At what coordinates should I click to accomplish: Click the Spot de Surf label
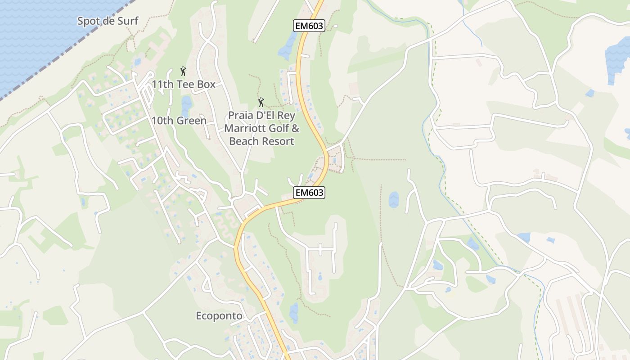[x=108, y=21]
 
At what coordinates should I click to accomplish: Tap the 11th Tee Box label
[x=183, y=84]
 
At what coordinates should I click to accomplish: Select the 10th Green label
[x=179, y=121]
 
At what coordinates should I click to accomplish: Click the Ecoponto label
[x=219, y=316]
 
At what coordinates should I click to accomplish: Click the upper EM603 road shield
[x=309, y=26]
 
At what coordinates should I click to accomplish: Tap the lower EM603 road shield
[x=309, y=193]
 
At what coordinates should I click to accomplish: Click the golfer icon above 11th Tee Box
[x=183, y=71]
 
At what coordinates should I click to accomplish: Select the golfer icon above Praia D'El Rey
[x=261, y=102]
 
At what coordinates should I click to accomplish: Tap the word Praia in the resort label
[x=239, y=115]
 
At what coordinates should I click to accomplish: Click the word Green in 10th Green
[x=191, y=121]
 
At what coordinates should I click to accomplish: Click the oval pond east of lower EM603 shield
[x=393, y=199]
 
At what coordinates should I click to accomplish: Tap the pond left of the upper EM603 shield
[x=287, y=48]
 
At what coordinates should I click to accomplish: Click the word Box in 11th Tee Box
[x=205, y=84]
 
